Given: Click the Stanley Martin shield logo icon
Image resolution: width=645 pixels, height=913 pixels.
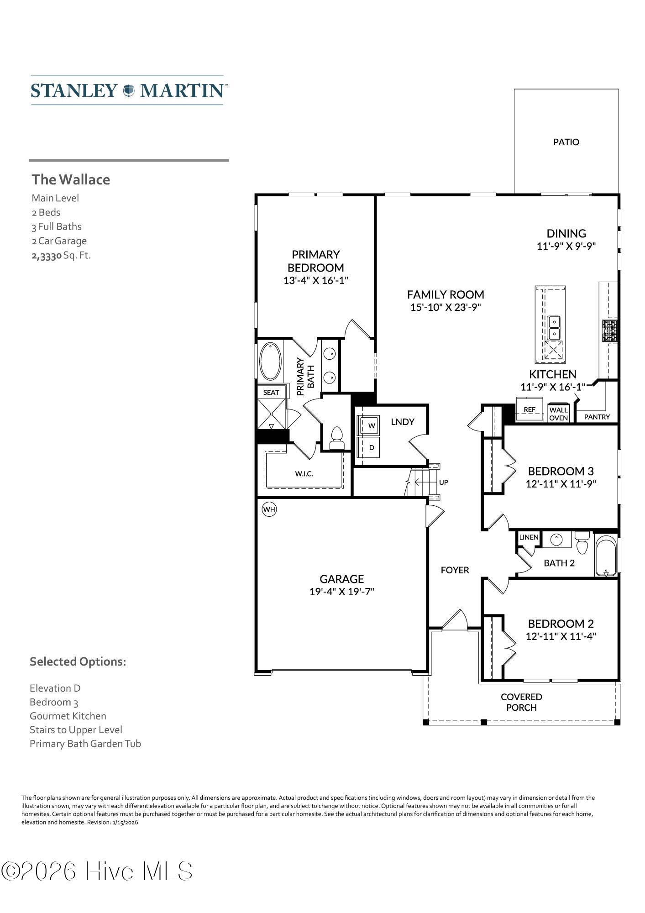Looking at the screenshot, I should click(129, 90).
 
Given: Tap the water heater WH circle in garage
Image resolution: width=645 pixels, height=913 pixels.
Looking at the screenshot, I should click(269, 509).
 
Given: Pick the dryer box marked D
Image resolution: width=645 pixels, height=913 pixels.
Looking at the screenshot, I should click(371, 448).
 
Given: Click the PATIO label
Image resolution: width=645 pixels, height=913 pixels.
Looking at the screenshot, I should click(566, 142).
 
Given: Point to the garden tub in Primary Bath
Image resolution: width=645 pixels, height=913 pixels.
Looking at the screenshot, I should click(270, 361).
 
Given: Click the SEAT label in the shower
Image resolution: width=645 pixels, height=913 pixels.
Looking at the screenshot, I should click(271, 392).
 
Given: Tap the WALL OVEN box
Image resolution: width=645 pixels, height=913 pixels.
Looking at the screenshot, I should click(558, 414).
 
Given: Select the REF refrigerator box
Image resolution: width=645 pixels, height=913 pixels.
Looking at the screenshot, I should click(530, 410).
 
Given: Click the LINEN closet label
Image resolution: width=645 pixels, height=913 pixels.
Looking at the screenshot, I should click(529, 537).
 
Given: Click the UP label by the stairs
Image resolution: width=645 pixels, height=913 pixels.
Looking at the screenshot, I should click(443, 482).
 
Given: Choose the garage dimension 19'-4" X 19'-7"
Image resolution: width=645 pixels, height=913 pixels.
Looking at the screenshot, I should click(341, 592).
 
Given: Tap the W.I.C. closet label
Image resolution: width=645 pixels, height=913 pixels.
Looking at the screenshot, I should click(304, 474).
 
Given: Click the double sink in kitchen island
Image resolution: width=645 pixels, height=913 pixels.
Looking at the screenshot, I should click(554, 328).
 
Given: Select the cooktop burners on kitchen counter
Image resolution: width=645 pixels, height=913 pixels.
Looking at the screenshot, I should click(610, 331).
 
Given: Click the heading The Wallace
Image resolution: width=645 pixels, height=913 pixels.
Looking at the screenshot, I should click(71, 179).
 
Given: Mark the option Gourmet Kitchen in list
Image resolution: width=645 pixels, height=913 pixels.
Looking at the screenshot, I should click(68, 716).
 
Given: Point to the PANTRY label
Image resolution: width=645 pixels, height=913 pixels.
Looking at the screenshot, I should click(597, 417).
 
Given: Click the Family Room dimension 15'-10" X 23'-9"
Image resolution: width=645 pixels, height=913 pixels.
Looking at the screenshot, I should click(446, 307).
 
